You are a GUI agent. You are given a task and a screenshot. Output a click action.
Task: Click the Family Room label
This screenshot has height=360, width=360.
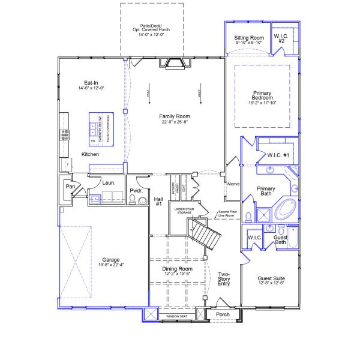175,115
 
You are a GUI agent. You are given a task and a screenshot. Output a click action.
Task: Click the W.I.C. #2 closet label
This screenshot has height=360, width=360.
283,38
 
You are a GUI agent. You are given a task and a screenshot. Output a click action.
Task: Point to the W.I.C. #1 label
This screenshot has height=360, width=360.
279,156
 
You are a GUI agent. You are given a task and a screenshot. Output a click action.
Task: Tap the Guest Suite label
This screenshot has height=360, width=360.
271,279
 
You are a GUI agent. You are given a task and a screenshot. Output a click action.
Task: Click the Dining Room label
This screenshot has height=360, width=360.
177,269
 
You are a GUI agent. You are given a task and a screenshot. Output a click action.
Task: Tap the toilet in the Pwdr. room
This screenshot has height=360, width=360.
142,201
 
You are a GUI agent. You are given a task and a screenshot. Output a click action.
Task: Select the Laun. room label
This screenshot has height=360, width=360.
109,182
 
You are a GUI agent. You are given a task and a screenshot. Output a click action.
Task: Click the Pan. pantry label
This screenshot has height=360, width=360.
71,187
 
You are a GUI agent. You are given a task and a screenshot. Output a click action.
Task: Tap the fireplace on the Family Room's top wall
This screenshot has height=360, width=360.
175,64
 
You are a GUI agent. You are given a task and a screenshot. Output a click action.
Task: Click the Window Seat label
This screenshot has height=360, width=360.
178,315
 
